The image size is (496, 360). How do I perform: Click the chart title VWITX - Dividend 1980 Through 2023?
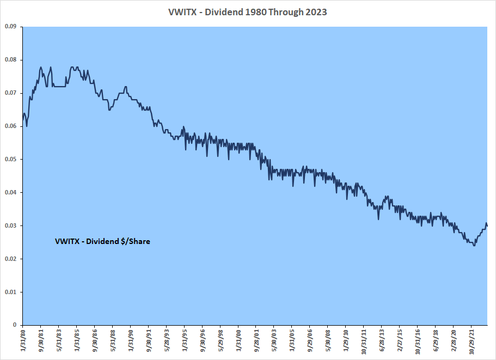(x=248, y=11)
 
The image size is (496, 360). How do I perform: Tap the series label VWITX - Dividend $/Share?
(x=102, y=241)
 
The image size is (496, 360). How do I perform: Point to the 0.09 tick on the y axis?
(x=10, y=26)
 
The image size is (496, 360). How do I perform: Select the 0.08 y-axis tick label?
(x=10, y=59)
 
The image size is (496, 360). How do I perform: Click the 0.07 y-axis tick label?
(x=10, y=93)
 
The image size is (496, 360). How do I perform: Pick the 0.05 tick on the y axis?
(x=10, y=159)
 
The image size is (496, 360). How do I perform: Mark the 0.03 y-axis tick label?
(x=10, y=225)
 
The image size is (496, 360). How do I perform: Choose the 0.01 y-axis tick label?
(x=10, y=292)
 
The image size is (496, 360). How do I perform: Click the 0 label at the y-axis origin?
(x=16, y=325)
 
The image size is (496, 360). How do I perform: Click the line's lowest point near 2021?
(x=474, y=246)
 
